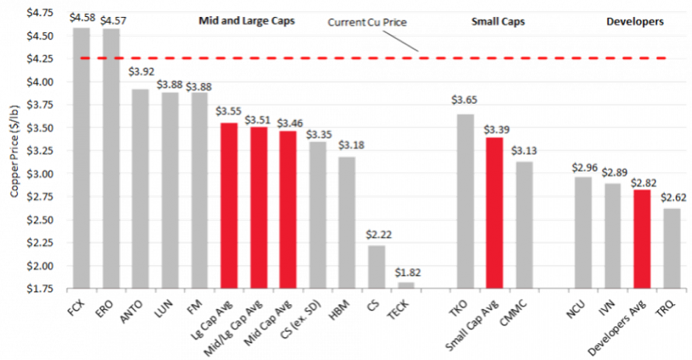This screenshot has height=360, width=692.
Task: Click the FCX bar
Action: tap(82, 158)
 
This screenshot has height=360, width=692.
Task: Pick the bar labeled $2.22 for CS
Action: tap(376, 266)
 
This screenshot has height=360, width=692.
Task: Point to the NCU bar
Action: tap(582, 232)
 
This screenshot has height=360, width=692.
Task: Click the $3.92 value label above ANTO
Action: tap(141, 72)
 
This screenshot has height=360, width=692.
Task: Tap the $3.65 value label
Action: tap(465, 99)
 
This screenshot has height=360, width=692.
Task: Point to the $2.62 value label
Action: tap(671, 197)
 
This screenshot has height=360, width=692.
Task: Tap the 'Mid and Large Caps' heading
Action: tap(247, 21)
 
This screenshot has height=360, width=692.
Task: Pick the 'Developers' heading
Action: tap(635, 21)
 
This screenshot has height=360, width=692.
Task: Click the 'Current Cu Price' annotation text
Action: tap(367, 22)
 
